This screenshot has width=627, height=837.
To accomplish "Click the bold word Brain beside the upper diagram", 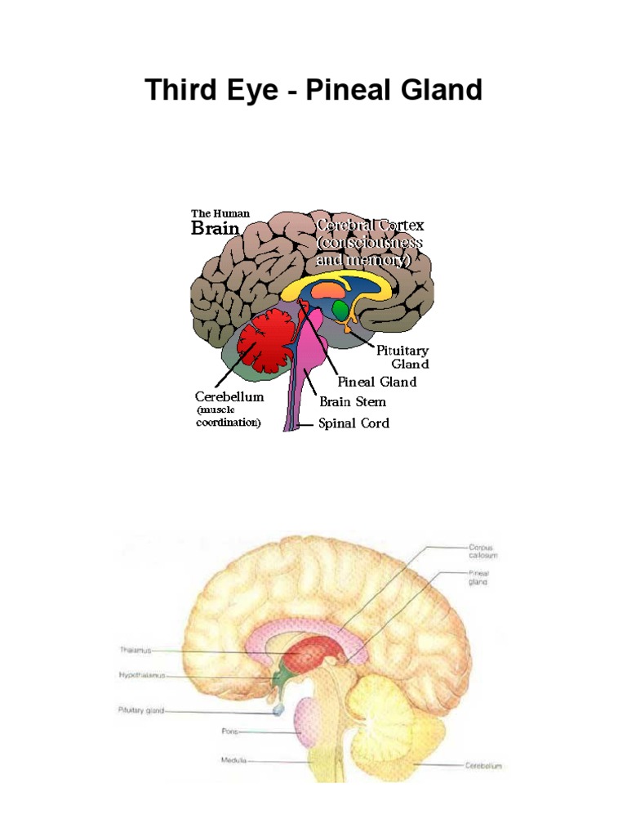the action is pyautogui.click(x=215, y=228).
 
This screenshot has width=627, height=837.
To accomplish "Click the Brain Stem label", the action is pyautogui.click(x=353, y=402).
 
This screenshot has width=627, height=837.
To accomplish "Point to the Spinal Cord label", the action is pyautogui.click(x=354, y=423).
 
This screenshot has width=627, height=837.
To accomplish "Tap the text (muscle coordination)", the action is pyautogui.click(x=229, y=417).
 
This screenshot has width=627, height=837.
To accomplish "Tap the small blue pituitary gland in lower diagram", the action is pyautogui.click(x=278, y=710).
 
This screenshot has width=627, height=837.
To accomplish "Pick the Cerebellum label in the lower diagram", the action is pyautogui.click(x=483, y=766).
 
